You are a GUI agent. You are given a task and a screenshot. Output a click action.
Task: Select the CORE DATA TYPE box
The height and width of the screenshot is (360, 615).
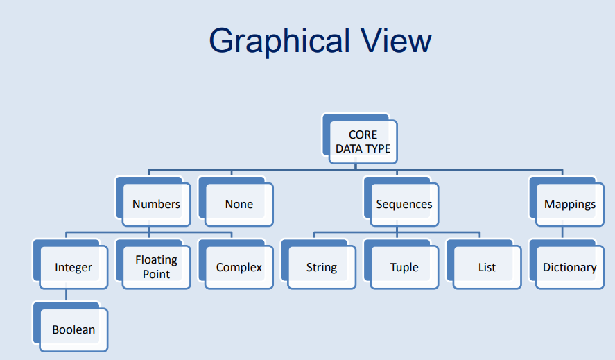tap(363, 142)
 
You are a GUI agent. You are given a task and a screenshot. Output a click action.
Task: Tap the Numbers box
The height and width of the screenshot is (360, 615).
tap(156, 204)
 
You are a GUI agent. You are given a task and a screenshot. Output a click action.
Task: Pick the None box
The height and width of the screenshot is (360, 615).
tap(239, 204)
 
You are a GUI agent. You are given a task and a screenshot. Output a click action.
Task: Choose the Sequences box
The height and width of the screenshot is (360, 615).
tap(404, 204)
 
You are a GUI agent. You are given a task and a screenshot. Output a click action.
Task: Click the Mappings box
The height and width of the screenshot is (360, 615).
tap(569, 204)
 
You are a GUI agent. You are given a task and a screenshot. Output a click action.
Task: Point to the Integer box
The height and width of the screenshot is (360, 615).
tap(73, 267)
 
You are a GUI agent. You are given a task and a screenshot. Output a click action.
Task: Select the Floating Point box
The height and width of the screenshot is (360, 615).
tap(156, 267)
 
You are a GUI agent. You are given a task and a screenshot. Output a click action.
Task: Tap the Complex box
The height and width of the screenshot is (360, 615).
tap(239, 267)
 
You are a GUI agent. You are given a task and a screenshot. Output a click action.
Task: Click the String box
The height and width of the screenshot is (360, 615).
tap(321, 267)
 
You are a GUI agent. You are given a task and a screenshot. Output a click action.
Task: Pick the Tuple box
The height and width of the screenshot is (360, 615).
tap(404, 267)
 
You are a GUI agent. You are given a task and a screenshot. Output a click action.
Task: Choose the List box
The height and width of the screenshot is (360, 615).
tap(487, 267)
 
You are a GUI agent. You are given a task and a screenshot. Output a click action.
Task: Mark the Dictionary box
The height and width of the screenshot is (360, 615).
tap(569, 267)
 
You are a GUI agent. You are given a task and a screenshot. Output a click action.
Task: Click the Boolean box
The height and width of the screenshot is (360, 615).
tap(73, 330)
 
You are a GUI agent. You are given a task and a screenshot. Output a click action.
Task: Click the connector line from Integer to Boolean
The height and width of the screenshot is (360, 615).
tap(67, 295)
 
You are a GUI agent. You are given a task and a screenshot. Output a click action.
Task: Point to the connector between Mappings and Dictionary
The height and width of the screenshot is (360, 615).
tap(562, 233)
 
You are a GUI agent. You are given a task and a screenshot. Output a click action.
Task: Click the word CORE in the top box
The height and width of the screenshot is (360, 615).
tap(363, 135)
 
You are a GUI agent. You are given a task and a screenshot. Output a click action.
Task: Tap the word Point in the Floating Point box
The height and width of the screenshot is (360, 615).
tap(156, 274)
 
